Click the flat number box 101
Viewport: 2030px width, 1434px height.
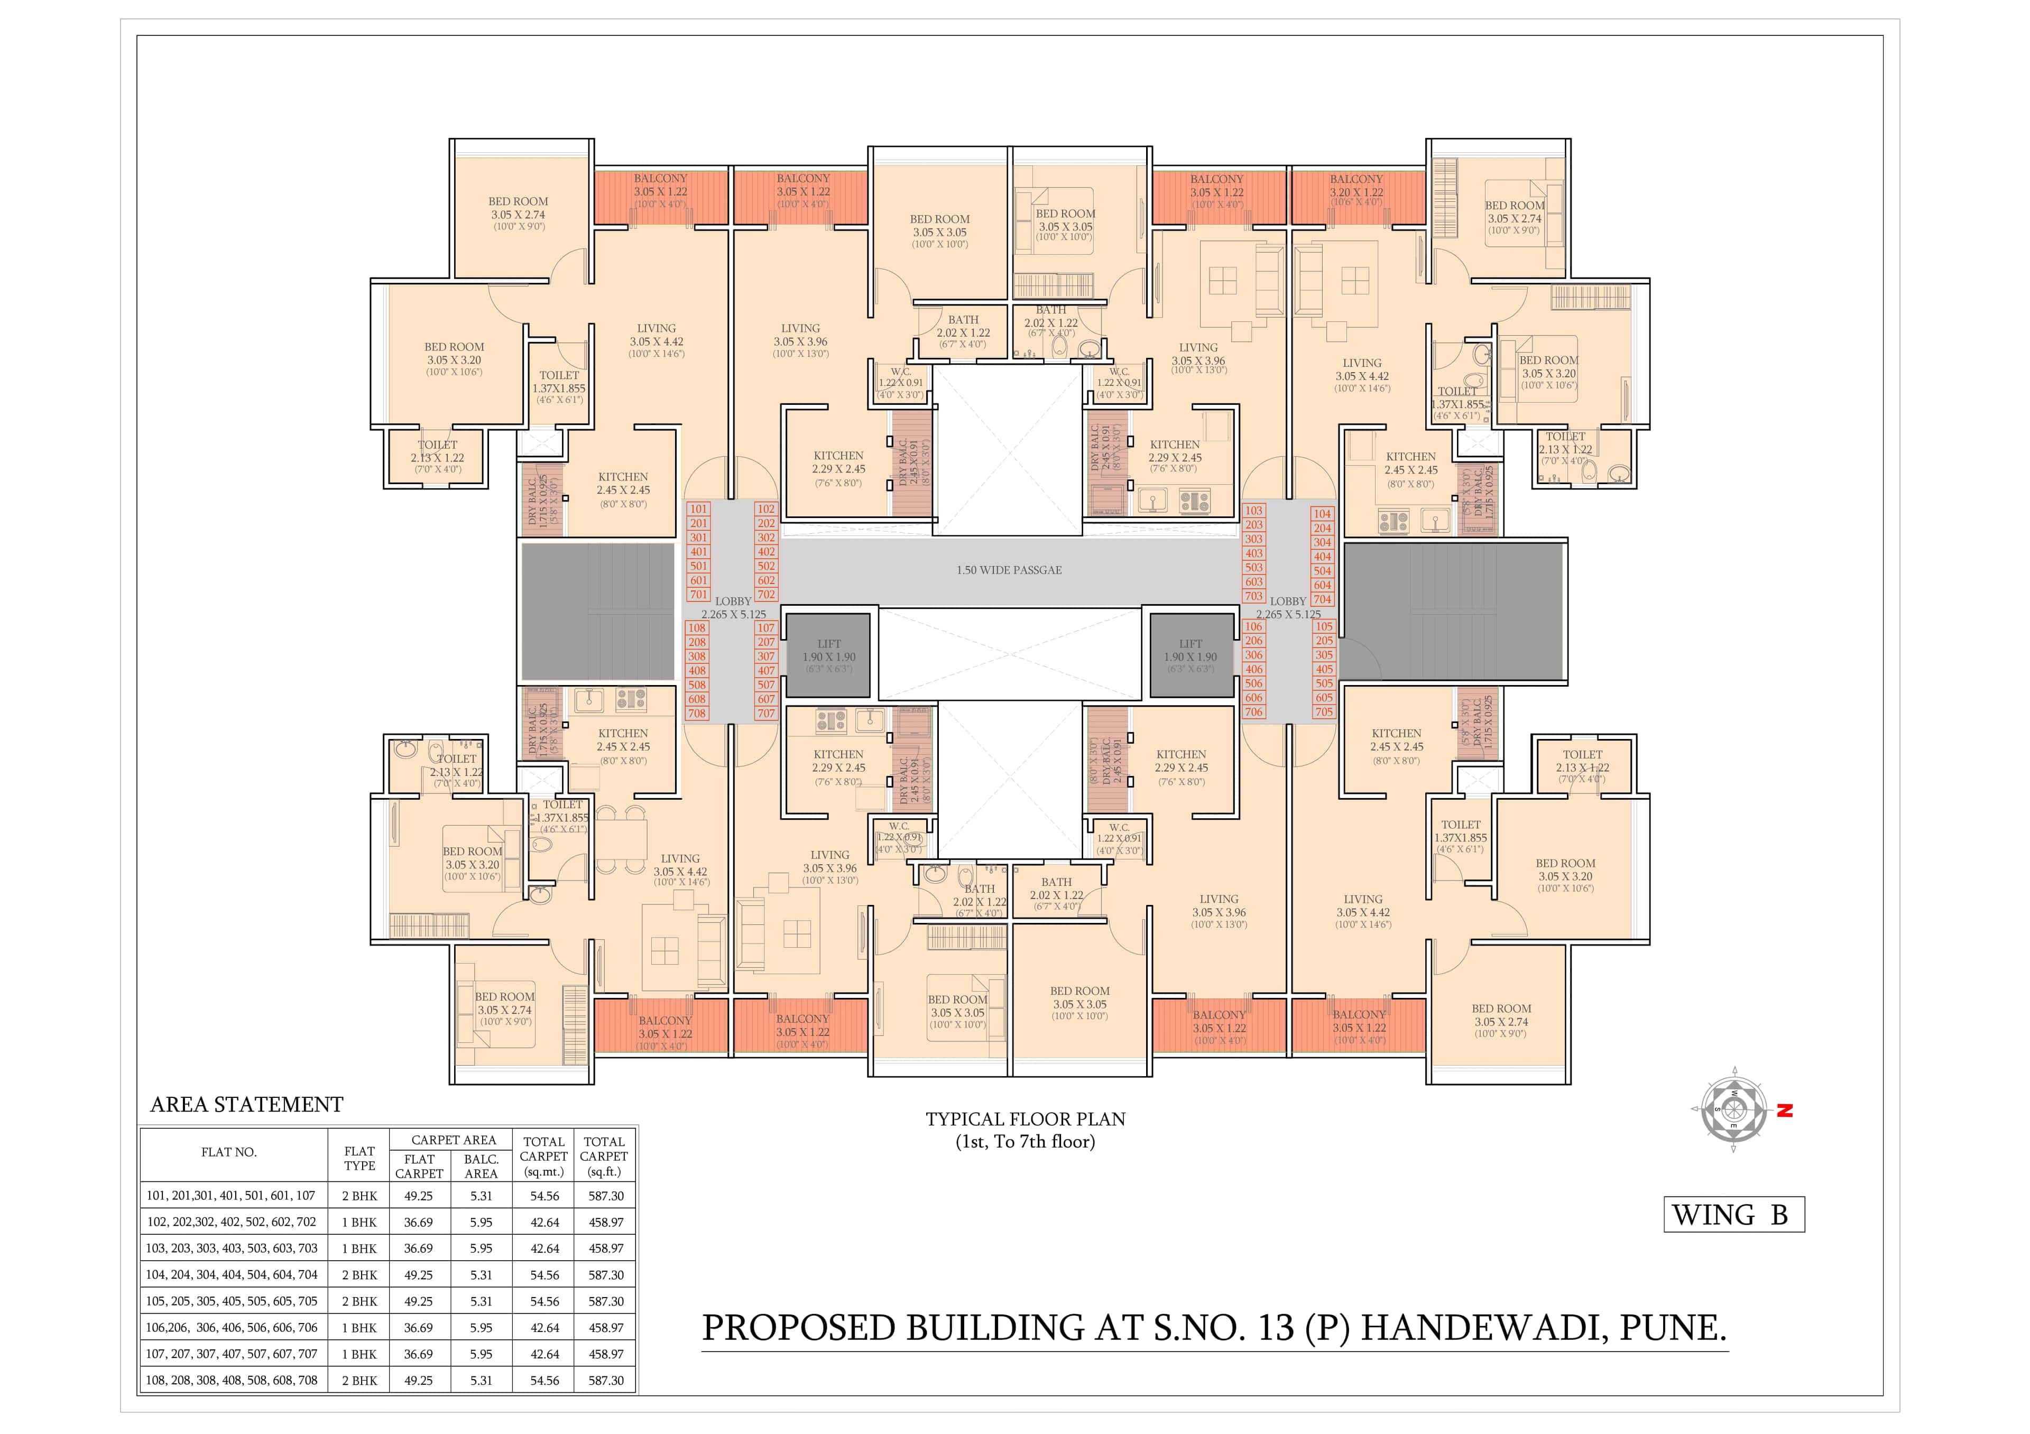pos(698,509)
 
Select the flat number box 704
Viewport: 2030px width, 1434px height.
pos(1322,599)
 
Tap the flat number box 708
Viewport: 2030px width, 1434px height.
pos(697,714)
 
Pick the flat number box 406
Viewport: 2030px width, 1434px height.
pos(1254,669)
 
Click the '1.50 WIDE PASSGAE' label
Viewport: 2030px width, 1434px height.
pos(1009,570)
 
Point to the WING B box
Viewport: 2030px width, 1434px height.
pos(1733,1215)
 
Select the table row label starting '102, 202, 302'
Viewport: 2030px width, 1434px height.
pos(231,1222)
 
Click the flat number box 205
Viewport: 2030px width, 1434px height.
pos(1324,641)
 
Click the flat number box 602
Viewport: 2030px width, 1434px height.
pos(765,581)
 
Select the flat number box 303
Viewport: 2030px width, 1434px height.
pos(1254,539)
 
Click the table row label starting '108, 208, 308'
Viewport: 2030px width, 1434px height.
pos(231,1380)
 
